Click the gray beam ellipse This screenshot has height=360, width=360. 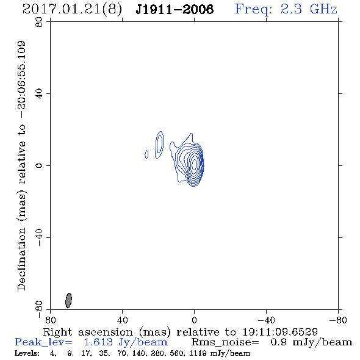click(68, 300)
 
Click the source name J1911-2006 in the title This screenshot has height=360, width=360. click(175, 9)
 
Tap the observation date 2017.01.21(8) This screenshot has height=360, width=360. click(72, 10)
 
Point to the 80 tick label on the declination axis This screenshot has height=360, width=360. click(39, 22)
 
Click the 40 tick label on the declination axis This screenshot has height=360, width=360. click(39, 94)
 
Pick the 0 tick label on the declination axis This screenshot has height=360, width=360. click(39, 165)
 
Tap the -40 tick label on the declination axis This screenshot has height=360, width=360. click(39, 237)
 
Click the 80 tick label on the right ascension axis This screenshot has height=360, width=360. click(50, 320)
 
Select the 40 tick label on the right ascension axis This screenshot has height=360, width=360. click(122, 320)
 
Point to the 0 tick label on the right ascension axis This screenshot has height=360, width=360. click(194, 320)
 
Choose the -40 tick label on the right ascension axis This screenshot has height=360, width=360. click(266, 320)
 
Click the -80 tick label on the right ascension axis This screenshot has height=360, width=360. click(338, 320)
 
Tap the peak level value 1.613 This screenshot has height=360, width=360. click(98, 342)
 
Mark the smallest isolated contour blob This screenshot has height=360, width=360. click(146, 154)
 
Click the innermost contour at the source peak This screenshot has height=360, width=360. click(194, 164)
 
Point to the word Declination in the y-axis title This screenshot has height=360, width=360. click(21, 259)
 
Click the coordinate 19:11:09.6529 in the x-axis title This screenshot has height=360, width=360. click(280, 332)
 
